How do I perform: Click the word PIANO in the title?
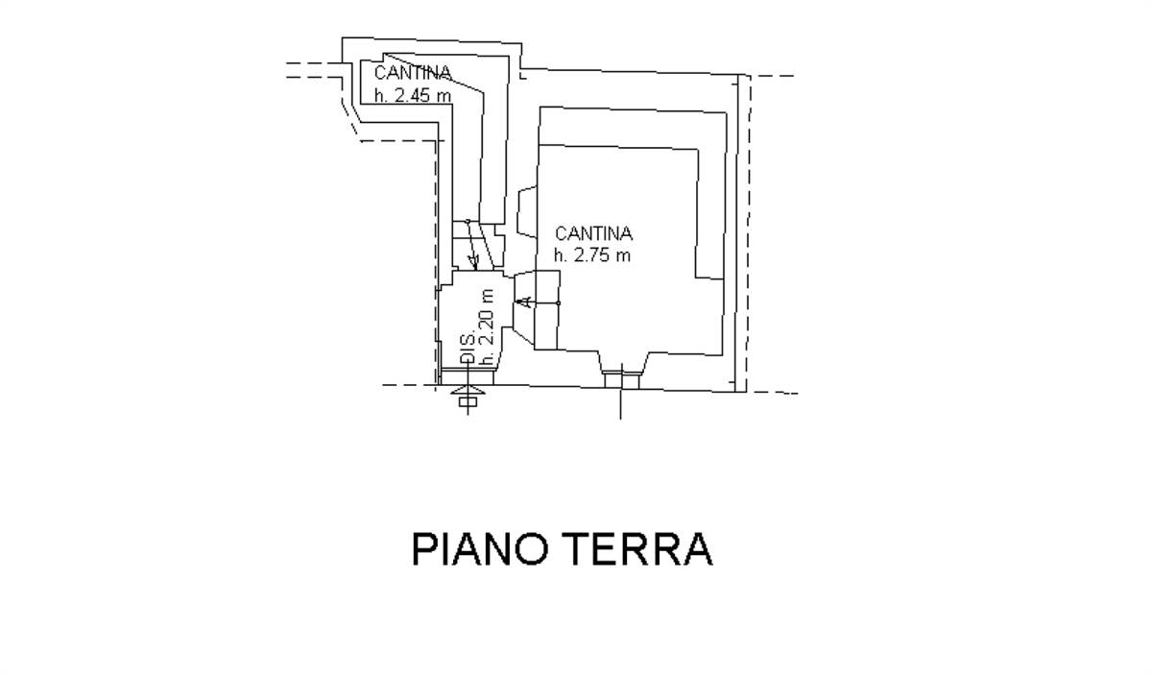tap(479, 549)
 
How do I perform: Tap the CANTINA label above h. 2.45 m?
tap(413, 73)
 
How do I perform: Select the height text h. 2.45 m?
tap(413, 96)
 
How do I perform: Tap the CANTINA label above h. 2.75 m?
tap(593, 234)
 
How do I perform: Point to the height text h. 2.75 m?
tap(592, 255)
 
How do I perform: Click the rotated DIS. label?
tap(468, 349)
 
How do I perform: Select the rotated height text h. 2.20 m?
tap(487, 327)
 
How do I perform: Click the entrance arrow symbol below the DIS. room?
tap(468, 392)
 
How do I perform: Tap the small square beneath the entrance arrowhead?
tap(468, 401)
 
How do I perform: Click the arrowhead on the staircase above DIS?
tap(473, 261)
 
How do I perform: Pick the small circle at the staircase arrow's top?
tap(468, 221)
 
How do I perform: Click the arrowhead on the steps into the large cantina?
tap(526, 302)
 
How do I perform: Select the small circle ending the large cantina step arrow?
tap(559, 303)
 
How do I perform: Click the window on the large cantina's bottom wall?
tap(621, 379)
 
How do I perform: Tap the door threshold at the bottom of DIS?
tap(468, 376)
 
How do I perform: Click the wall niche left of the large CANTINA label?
tap(527, 212)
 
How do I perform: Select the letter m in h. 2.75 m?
tap(624, 256)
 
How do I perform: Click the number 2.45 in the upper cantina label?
tap(415, 96)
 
